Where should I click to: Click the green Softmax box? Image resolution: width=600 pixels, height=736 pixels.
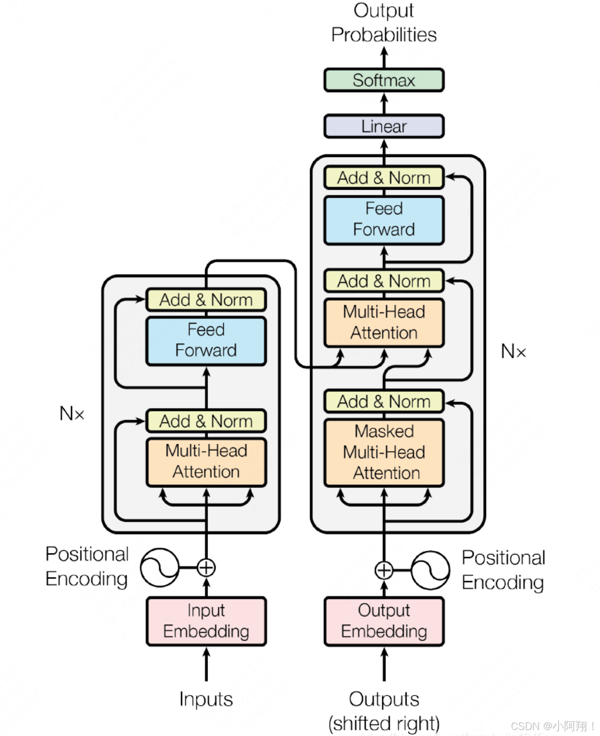(384, 80)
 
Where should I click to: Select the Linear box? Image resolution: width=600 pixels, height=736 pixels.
(384, 127)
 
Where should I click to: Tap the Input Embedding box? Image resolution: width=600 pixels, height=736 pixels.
(206, 621)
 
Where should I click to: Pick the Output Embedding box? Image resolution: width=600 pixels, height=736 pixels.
(384, 621)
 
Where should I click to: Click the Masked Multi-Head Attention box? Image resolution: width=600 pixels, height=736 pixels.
(384, 452)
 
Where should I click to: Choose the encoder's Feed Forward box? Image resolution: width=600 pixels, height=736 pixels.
(206, 341)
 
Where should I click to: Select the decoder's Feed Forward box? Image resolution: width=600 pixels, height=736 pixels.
(384, 220)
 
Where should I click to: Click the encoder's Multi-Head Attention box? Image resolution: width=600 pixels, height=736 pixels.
(206, 462)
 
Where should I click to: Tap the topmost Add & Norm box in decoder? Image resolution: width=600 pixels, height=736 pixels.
(384, 178)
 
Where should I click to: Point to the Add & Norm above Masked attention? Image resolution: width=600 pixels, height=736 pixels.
(384, 402)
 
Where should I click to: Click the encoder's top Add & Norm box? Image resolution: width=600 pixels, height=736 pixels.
(206, 300)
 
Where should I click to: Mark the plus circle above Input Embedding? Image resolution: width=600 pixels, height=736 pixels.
(206, 567)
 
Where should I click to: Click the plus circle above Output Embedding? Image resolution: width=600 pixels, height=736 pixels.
(384, 570)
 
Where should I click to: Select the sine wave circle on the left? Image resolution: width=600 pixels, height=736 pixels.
(159, 567)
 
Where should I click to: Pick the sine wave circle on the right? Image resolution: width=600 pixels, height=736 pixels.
(430, 570)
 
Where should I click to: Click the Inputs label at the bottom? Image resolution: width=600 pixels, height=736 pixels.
(206, 699)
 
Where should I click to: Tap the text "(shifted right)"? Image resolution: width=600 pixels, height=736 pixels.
(384, 723)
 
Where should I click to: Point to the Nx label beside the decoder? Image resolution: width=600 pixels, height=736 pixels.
(513, 352)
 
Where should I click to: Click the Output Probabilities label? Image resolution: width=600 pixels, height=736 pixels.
(384, 23)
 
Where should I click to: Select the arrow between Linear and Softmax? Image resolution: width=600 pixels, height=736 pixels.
(384, 103)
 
